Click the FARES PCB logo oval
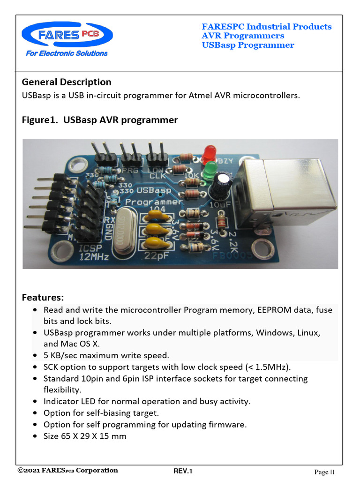67,36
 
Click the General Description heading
67,82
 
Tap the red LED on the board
208,153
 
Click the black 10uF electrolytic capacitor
221,185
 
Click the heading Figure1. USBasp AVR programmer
100,120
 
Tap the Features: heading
43,298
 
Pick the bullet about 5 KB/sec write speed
106,355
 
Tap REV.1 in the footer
183,471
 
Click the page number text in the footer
324,472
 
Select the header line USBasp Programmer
248,45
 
